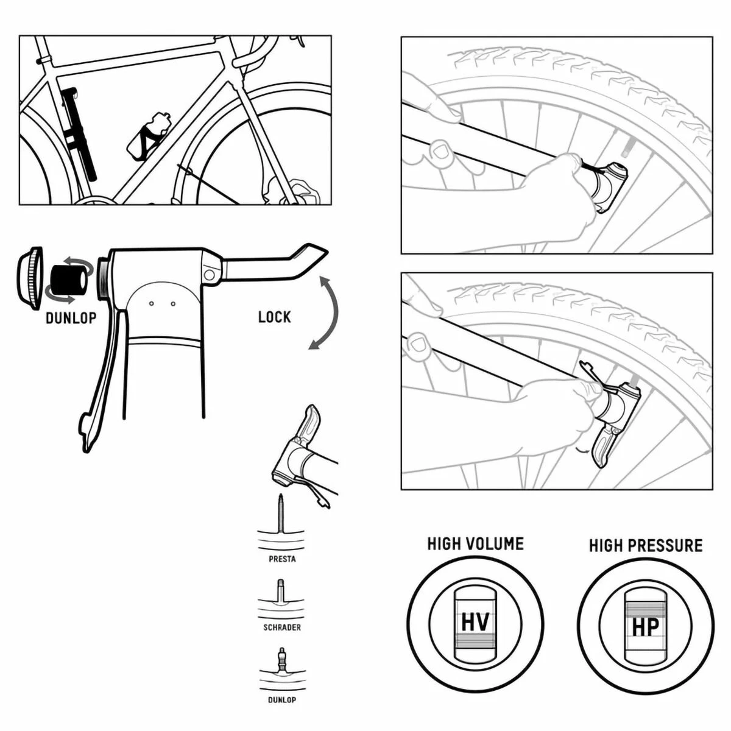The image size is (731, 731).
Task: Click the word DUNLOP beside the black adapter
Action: pos(71,318)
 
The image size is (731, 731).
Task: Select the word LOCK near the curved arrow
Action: pos(274,317)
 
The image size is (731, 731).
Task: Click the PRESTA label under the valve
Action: pos(282,559)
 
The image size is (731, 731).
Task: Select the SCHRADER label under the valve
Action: pos(282,627)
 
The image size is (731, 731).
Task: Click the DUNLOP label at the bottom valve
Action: pos(282,700)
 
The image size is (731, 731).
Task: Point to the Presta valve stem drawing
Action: pos(281,515)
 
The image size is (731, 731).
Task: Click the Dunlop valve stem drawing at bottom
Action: pos(281,660)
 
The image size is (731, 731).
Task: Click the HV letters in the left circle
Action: pos(475,623)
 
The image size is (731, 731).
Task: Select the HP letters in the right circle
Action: pos(644,627)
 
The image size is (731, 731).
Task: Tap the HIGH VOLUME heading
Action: pos(475,543)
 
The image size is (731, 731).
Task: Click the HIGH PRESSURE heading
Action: pos(645,545)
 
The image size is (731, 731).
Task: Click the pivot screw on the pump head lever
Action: pos(210,274)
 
